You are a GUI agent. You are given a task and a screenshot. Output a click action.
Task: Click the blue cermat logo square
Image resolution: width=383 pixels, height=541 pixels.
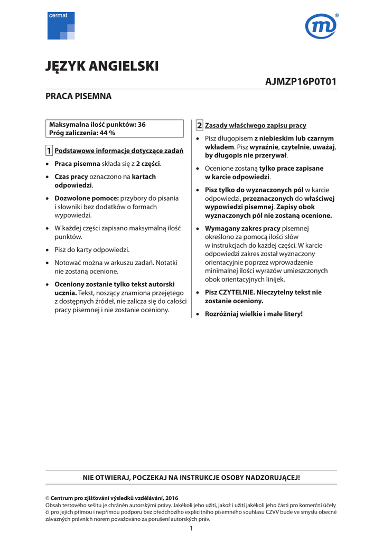pos(61,26)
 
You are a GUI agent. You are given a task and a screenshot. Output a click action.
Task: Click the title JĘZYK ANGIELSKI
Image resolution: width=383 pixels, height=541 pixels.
pos(102,67)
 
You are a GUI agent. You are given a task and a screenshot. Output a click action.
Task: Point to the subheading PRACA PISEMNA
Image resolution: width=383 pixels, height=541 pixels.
pos(78,97)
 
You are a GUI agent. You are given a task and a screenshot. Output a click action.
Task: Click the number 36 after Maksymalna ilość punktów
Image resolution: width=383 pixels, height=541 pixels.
pos(142,125)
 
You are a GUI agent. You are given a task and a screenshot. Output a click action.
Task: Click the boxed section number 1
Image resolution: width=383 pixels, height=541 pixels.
pos(49,151)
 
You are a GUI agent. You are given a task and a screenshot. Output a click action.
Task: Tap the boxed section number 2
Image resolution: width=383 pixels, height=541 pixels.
pos(199,125)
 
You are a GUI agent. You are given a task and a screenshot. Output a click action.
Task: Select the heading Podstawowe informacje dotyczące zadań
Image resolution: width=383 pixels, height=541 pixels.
pos(119,151)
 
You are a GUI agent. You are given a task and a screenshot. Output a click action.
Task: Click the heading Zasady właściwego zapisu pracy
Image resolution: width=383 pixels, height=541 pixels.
pos(255,126)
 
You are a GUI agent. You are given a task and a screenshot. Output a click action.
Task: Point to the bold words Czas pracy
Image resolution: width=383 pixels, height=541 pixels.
pos(71,176)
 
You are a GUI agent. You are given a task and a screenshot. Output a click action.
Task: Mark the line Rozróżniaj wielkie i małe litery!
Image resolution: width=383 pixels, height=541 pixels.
pos(254,314)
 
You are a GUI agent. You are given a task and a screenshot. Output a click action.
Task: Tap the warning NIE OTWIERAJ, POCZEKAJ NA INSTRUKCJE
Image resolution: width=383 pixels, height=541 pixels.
pos(191,478)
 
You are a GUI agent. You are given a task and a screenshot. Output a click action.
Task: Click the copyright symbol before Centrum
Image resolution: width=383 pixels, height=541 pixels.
pos(47,498)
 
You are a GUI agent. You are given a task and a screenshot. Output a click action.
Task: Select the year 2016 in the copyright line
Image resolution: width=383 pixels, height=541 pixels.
pos(172,498)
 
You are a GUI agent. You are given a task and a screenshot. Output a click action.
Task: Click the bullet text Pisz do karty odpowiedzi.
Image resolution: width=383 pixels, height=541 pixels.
pos(92,249)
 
